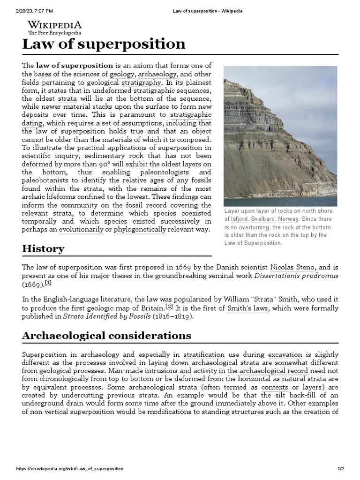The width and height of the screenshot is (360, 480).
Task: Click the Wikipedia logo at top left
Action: pyautogui.click(x=54, y=27)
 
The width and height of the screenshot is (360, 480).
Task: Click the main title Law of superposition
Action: pyautogui.click(x=104, y=44)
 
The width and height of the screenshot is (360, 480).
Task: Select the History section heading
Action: pyautogui.click(x=43, y=248)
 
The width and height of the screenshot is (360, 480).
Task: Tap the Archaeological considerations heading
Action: pyautogui.click(x=106, y=335)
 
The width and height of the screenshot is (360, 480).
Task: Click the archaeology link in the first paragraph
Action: pyautogui.click(x=157, y=74)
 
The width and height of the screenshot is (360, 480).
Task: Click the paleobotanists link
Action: pyautogui.click(x=45, y=180)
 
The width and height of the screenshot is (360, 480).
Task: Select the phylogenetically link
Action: pyautogui.click(x=140, y=229)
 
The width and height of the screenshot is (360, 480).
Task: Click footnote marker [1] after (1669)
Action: pyautogui.click(x=48, y=283)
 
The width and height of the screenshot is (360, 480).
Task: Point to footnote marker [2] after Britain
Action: pyautogui.click(x=169, y=306)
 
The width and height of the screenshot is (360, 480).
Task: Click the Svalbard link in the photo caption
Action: pyautogui.click(x=262, y=219)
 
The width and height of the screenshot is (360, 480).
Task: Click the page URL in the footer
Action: pyautogui.click(x=70, y=469)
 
